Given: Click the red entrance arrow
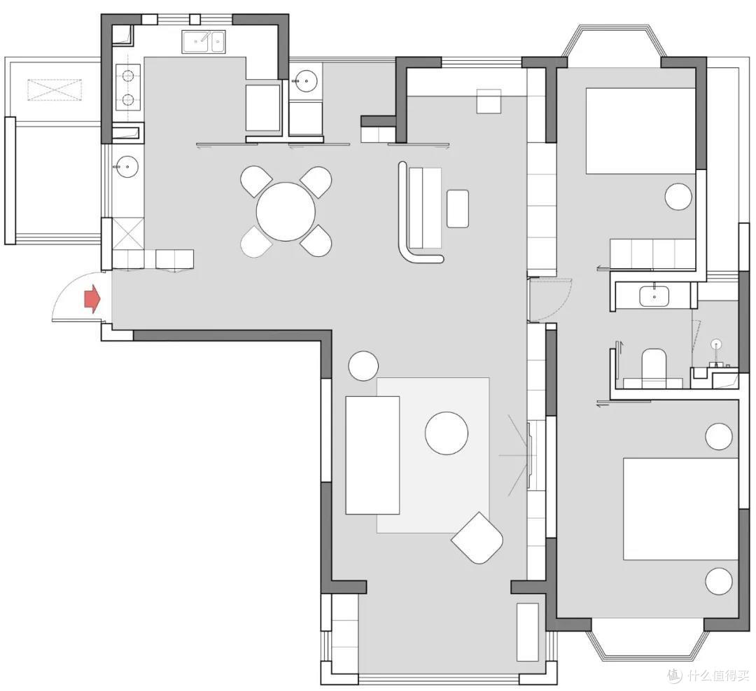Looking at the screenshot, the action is (92, 299).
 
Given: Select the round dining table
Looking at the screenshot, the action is (286, 211).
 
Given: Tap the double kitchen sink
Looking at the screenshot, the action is (203, 42).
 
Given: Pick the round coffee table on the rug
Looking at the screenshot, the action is (447, 433).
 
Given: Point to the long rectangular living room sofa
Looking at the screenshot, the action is (372, 455).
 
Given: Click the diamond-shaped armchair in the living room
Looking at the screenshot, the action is (477, 538).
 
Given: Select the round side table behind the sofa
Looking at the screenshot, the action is (363, 365).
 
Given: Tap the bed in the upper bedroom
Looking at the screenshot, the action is (640, 131).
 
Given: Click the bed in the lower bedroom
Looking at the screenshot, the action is (681, 509).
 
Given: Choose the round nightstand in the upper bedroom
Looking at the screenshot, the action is (678, 196).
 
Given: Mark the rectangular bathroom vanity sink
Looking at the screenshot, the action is (654, 295).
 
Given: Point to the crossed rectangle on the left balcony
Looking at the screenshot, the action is (55, 90).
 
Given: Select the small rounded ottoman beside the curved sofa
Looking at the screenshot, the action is (458, 209).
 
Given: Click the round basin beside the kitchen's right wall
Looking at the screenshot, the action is (305, 81).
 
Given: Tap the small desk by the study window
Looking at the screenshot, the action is (489, 101).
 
